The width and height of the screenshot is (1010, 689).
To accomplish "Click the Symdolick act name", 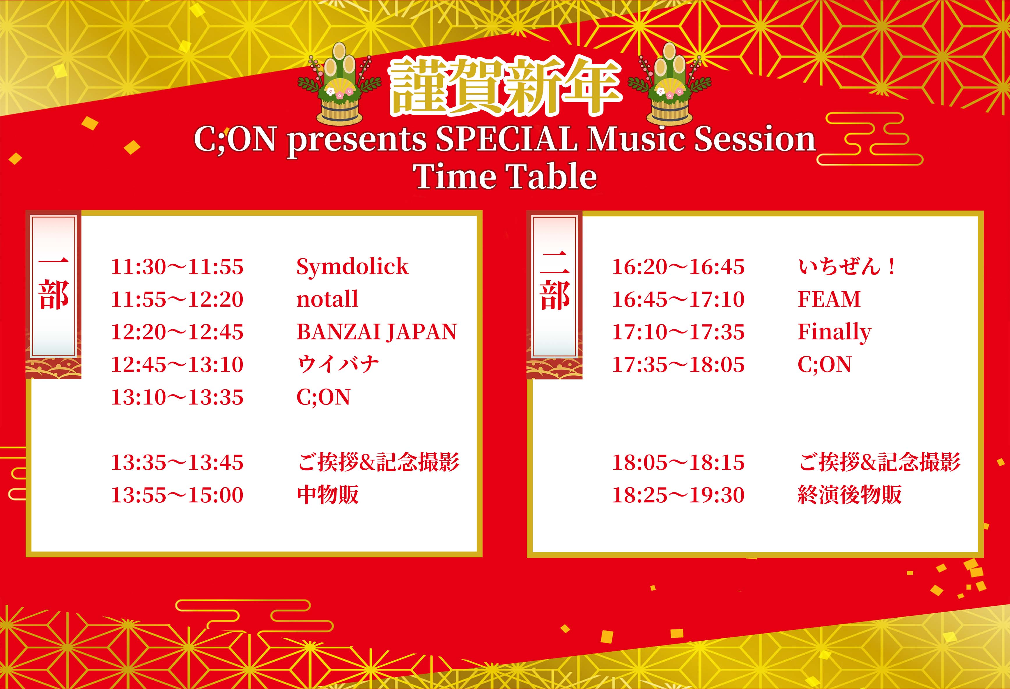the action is coord(352,267).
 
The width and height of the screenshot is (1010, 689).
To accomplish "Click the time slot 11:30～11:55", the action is coord(177,267).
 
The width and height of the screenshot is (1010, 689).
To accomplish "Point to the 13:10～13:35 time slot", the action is coord(177,397).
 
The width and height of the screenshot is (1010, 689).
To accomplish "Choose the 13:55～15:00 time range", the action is coord(177,495).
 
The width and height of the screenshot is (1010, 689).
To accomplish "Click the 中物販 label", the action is coord(328,495).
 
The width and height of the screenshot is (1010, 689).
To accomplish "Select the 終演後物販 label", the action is coord(850,495).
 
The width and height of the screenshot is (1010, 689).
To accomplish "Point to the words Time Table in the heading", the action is coord(505,176).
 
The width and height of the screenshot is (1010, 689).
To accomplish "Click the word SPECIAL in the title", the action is coord(507,139).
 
